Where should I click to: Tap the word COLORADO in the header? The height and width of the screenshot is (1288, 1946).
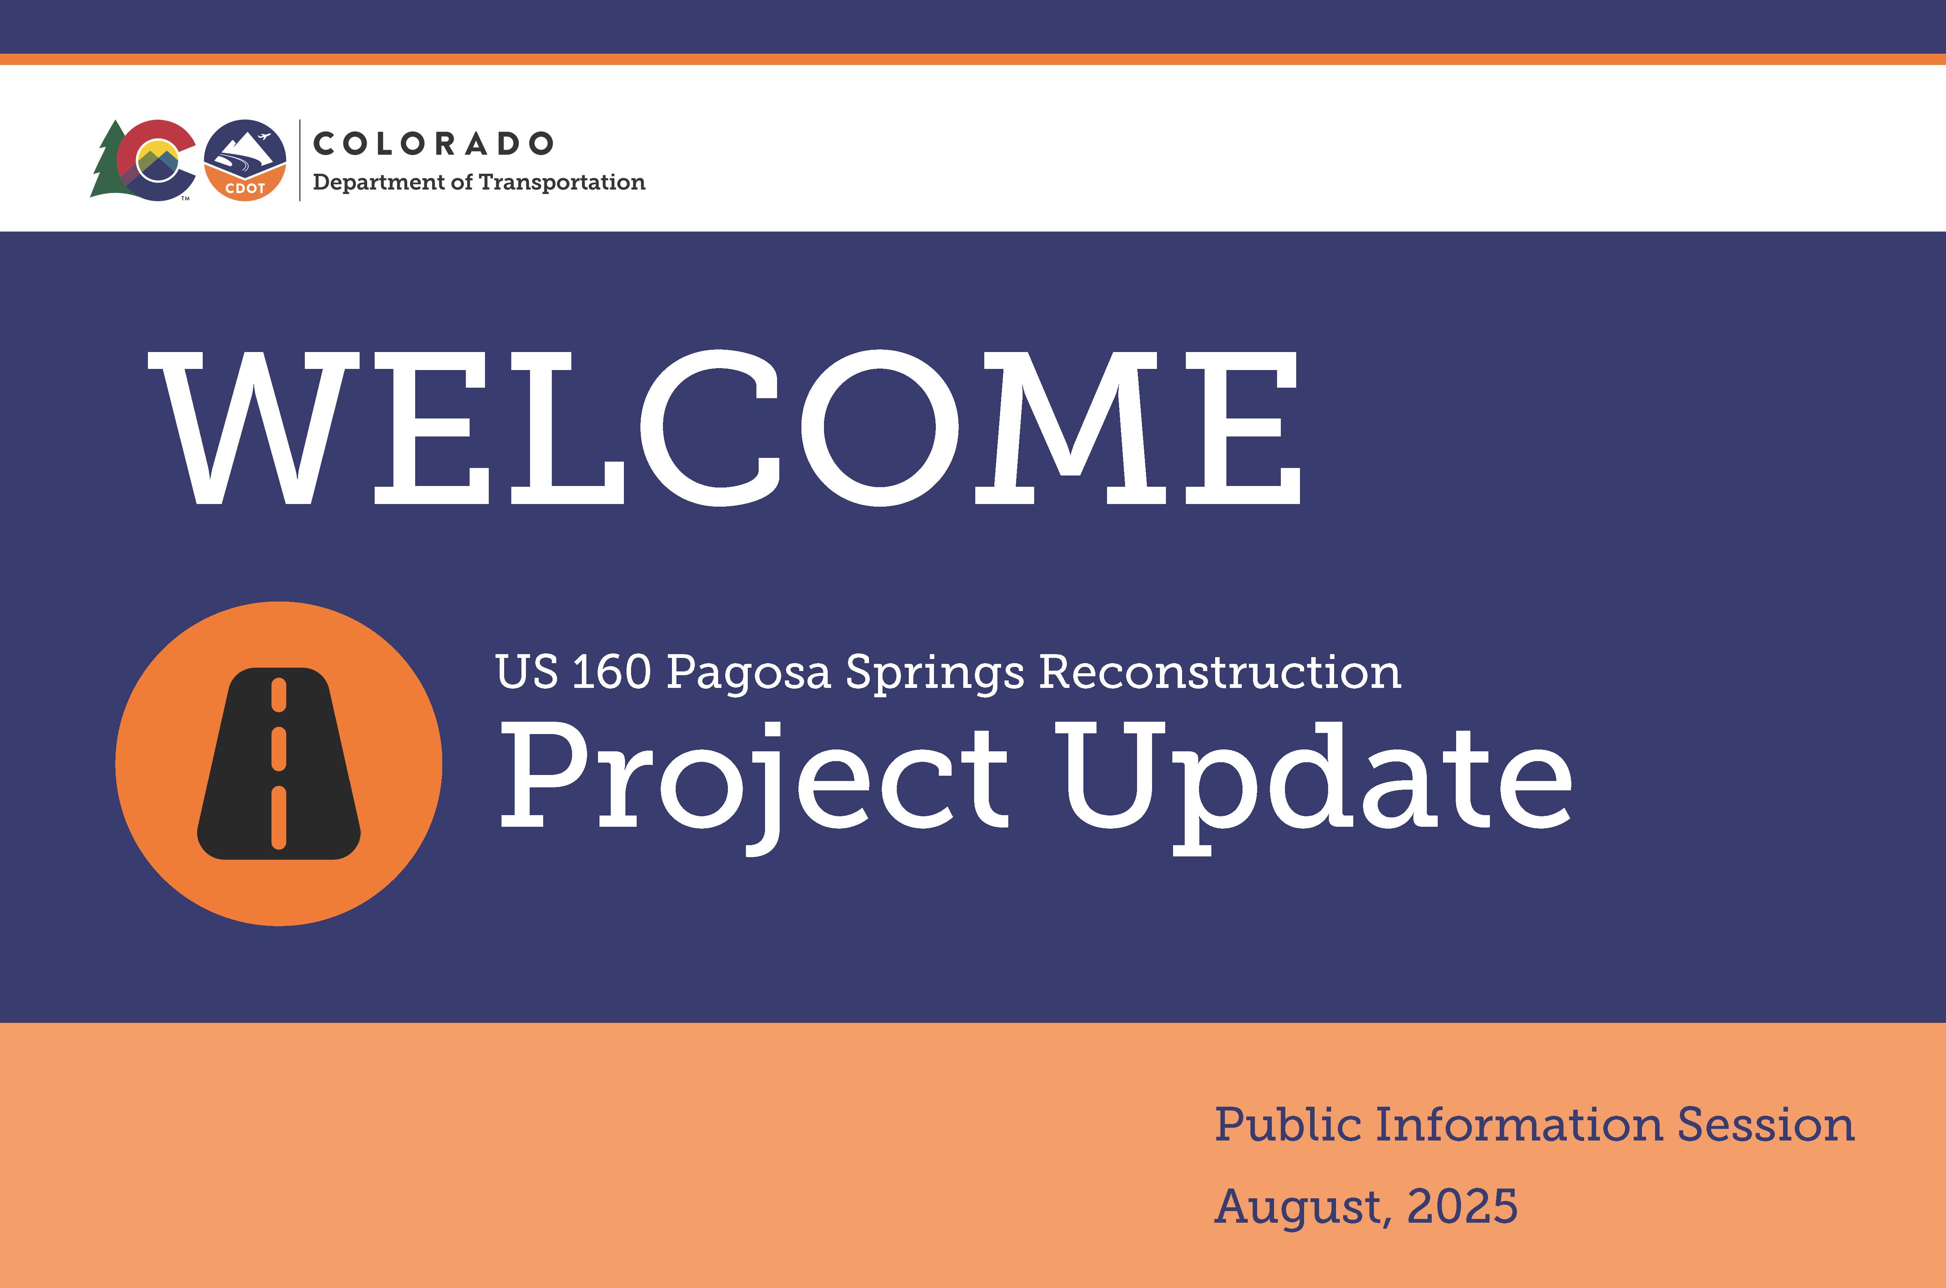(x=433, y=144)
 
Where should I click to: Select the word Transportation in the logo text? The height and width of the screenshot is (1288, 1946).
(x=562, y=182)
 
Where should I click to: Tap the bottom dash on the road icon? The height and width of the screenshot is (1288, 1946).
(x=279, y=817)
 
